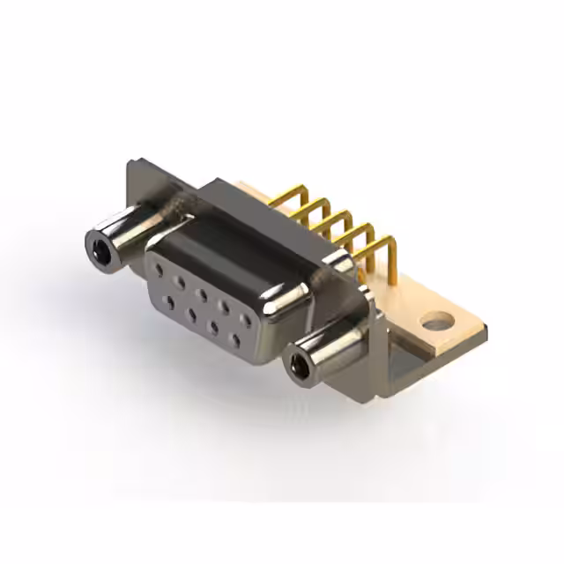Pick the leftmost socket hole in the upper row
pos(160,273)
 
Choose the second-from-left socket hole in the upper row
pos(181,283)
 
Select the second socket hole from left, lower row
pos(189,312)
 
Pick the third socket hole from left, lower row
pos(211,324)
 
